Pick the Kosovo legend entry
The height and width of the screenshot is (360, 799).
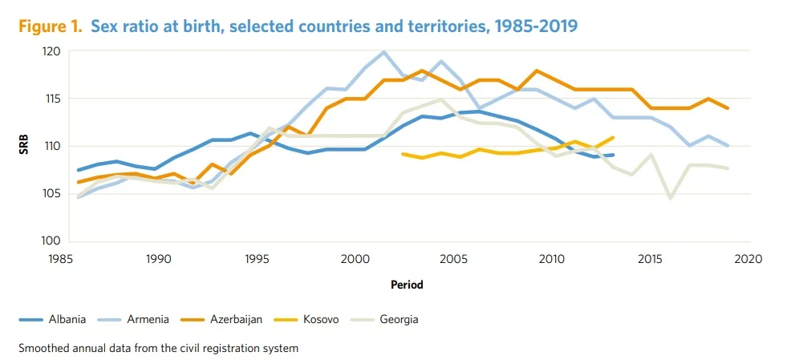(x=320, y=320)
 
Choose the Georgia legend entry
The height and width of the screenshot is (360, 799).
(x=399, y=320)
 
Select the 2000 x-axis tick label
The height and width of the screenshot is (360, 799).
(x=355, y=258)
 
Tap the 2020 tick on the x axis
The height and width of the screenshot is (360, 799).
(x=747, y=258)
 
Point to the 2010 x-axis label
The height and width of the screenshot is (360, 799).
(x=551, y=258)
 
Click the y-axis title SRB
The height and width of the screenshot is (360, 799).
(x=25, y=146)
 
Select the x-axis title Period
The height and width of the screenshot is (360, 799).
(x=407, y=285)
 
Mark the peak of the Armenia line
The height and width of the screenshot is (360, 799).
(x=384, y=52)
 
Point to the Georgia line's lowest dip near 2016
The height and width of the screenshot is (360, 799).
(x=671, y=197)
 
